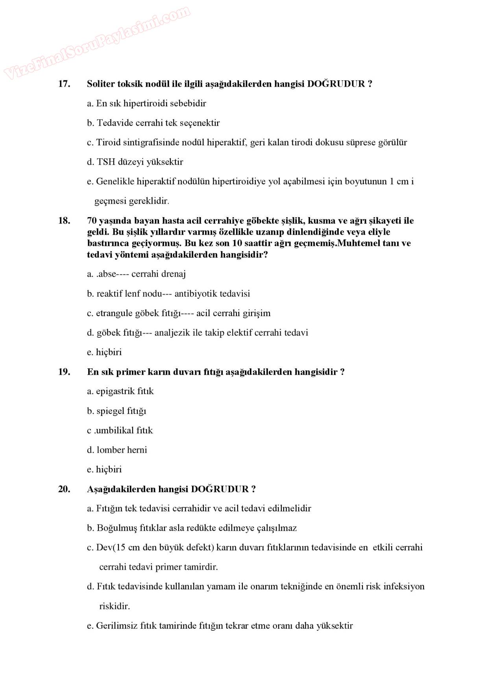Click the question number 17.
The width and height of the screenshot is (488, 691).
(x=64, y=84)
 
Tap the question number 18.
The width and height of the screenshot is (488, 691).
(x=64, y=221)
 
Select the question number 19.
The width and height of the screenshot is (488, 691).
(x=64, y=372)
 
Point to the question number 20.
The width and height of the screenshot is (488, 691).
(x=64, y=489)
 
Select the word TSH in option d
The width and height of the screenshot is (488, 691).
(x=106, y=162)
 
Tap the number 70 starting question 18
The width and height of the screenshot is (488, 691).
(x=92, y=221)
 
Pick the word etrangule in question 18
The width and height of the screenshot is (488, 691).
(x=114, y=314)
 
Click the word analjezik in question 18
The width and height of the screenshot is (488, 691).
(x=172, y=333)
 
